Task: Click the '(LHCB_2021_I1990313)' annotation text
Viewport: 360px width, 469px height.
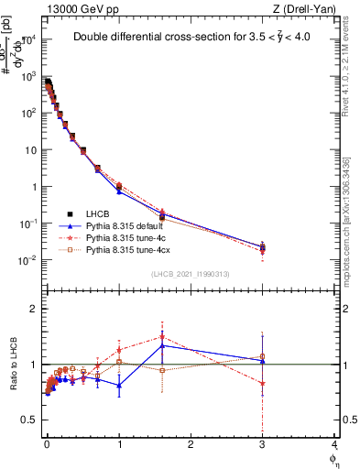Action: pyautogui.click(x=191, y=274)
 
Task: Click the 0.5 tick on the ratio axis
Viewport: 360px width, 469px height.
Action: pyautogui.click(x=30, y=420)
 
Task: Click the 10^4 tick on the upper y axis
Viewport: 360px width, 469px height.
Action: pyautogui.click(x=27, y=39)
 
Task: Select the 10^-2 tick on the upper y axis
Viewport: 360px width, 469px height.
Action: pyautogui.click(x=27, y=260)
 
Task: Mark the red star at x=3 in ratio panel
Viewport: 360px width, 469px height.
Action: pyautogui.click(x=263, y=384)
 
